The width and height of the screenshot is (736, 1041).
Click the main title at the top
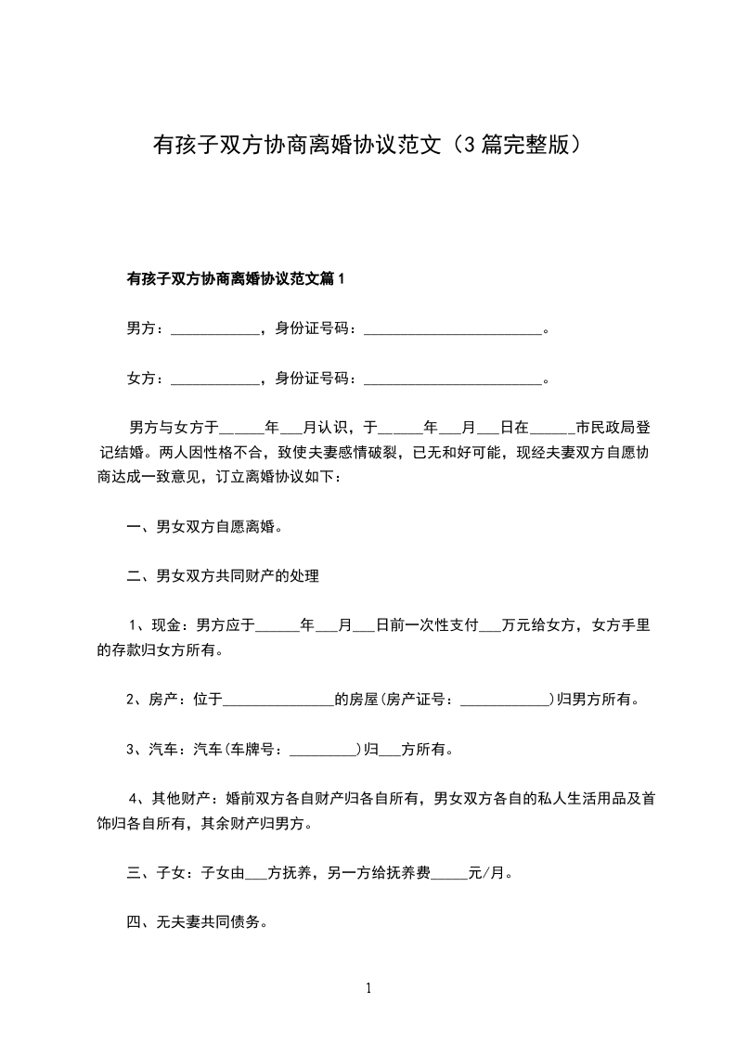pos(368,146)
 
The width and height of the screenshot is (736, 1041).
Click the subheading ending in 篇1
pos(235,277)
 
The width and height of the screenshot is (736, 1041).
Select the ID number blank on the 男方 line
pos(452,328)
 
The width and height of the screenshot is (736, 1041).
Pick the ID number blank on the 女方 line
pos(452,379)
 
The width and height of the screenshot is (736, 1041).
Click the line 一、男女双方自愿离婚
pos(204,527)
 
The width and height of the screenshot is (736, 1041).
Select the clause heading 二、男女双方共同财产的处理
pos(223,576)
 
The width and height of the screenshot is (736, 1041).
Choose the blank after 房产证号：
pos(505,700)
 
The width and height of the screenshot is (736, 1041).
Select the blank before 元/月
pos(449,874)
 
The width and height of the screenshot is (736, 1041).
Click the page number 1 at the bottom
pos(368,989)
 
